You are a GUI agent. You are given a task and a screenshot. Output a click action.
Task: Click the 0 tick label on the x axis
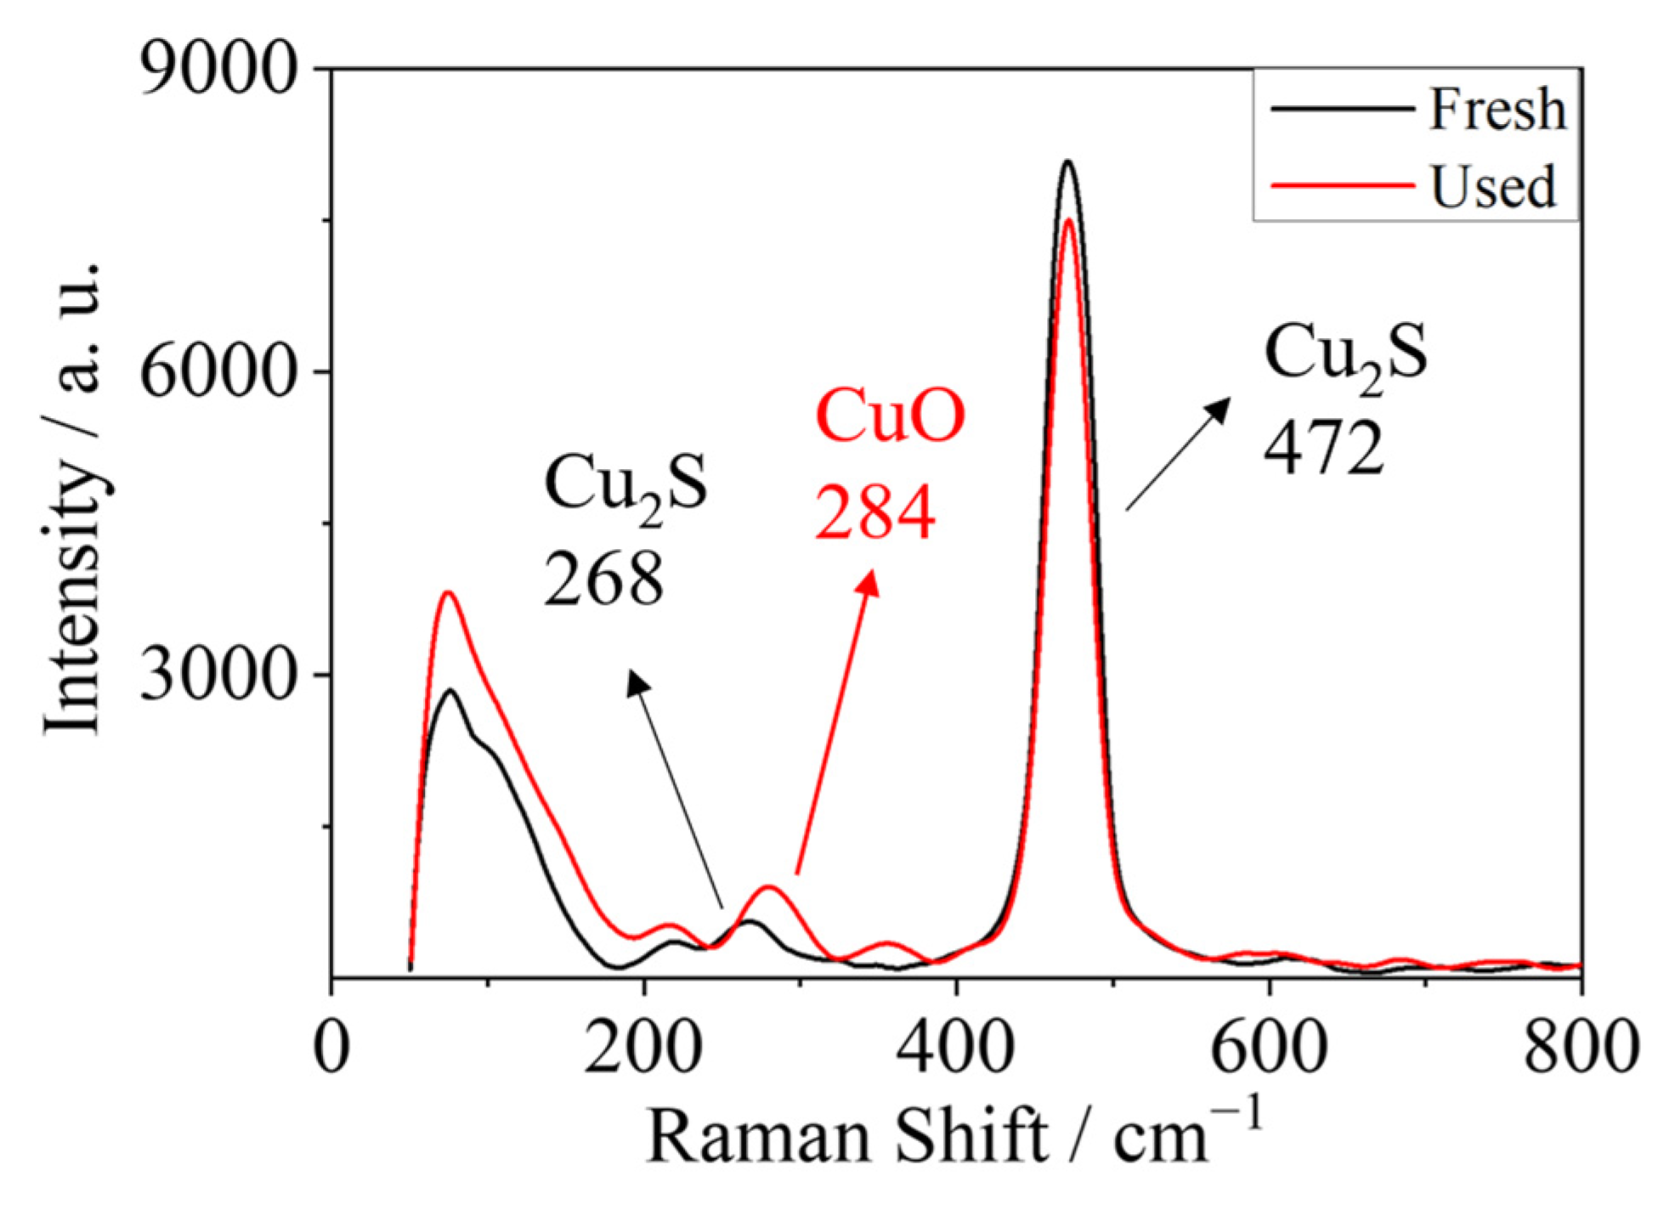click(x=331, y=1047)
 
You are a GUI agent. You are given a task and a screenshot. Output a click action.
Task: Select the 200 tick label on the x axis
click(x=643, y=1047)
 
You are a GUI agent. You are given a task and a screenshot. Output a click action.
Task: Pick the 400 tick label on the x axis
click(x=957, y=1047)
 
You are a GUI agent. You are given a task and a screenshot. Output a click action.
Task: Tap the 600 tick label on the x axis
click(x=1269, y=1047)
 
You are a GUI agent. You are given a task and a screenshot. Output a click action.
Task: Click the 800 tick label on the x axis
click(x=1579, y=1047)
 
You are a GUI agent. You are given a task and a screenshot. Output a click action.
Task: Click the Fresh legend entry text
click(x=1496, y=110)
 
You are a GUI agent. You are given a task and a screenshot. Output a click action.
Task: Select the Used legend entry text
click(x=1493, y=186)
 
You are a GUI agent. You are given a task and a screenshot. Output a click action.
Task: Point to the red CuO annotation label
click(x=890, y=416)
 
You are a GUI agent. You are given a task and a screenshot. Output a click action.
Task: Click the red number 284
click(x=874, y=513)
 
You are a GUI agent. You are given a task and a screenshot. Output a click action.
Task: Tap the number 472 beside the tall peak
click(x=1323, y=450)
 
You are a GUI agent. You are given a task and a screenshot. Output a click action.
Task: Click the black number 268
click(x=603, y=579)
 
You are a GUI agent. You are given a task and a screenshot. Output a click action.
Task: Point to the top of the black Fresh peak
click(x=1068, y=161)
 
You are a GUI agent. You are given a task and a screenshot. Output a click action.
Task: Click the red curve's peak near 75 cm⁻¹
click(x=447, y=592)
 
